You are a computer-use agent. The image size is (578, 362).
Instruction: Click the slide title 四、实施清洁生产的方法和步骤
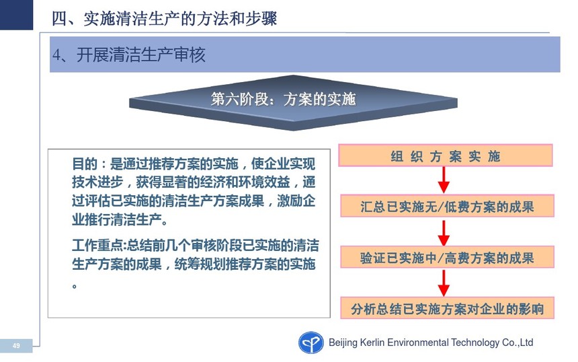click(164, 18)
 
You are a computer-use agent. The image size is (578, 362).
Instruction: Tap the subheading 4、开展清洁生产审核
click(128, 55)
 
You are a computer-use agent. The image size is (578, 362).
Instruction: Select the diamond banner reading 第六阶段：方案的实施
click(293, 102)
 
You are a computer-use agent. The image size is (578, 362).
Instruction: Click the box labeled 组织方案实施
click(446, 155)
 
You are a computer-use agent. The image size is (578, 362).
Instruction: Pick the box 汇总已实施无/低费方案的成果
click(447, 206)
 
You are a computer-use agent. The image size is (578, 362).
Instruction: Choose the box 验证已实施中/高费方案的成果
click(447, 257)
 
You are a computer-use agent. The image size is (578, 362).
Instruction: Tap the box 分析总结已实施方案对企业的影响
click(447, 307)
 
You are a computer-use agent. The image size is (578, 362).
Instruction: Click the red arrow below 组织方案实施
click(444, 180)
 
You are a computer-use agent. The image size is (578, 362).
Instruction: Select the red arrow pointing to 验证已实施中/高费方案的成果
click(444, 233)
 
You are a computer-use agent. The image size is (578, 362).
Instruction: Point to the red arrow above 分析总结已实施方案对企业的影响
click(444, 283)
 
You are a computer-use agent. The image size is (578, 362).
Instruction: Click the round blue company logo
click(311, 342)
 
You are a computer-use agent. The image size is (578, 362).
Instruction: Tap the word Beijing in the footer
click(343, 342)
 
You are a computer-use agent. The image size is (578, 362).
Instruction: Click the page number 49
click(16, 346)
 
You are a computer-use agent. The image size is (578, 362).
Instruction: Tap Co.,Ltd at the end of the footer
click(518, 342)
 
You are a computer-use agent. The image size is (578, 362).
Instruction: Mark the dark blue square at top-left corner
click(16, 15)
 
